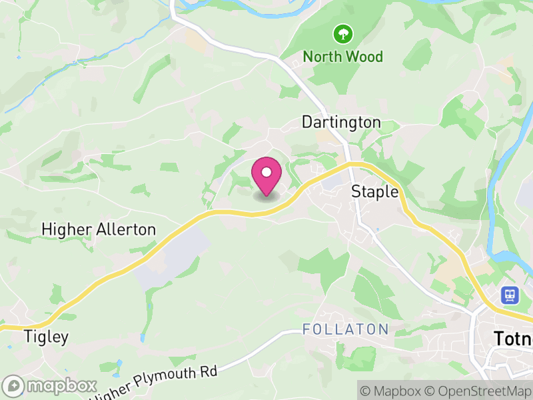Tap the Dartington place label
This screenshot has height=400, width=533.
click(x=341, y=122)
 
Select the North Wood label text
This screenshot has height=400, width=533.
click(x=343, y=57)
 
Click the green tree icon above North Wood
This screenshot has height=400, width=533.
click(x=343, y=33)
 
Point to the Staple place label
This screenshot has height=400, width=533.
click(x=374, y=192)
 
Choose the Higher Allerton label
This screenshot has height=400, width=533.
click(x=99, y=229)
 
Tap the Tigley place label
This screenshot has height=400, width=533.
click(x=46, y=337)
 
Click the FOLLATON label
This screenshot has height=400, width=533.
click(x=345, y=329)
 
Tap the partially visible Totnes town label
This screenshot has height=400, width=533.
click(x=512, y=339)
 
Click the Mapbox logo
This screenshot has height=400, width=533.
click(x=51, y=386)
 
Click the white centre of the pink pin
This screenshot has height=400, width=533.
click(x=266, y=173)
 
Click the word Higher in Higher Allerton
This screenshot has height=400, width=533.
click(x=65, y=229)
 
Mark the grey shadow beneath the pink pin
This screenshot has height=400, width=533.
click(x=266, y=197)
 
